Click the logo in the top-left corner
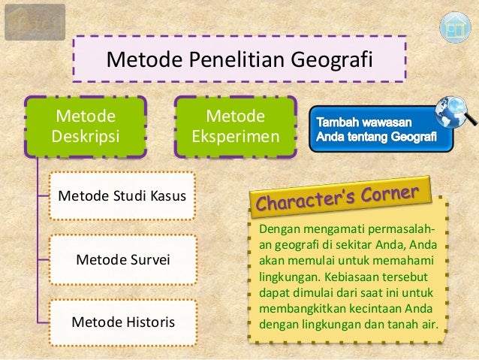click(x=35, y=21)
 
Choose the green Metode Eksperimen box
click(x=235, y=127)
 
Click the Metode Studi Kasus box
click(x=122, y=197)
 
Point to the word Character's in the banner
click(x=308, y=202)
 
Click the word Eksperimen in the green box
click(x=235, y=138)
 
